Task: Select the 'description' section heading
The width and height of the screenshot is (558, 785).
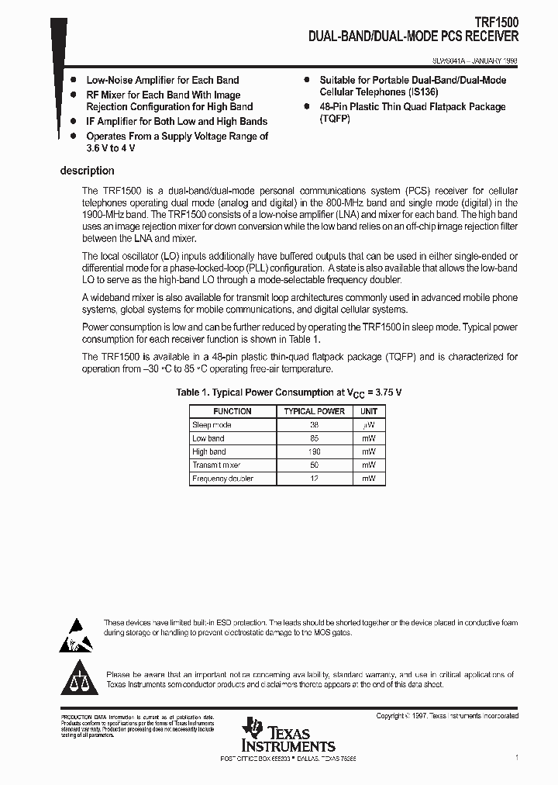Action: pos(87,171)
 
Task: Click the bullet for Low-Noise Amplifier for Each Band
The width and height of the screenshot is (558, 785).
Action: pos(73,80)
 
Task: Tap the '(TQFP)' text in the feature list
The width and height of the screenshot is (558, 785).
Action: pos(335,119)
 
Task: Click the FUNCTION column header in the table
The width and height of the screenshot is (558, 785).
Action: pos(232,411)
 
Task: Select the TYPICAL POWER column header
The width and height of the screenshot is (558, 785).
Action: pos(314,411)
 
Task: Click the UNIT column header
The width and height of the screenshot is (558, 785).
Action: pos(369,411)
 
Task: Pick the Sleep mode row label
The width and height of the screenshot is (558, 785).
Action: pos(212,425)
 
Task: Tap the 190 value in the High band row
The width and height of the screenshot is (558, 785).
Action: pos(314,451)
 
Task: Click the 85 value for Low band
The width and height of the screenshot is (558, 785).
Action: pos(314,438)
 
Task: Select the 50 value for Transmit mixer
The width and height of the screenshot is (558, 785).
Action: pos(314,465)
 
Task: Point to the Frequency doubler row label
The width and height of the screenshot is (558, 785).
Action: pos(222,479)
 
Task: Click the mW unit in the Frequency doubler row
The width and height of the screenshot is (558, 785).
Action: pos(369,479)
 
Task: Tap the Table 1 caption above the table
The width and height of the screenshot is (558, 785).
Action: pos(289,392)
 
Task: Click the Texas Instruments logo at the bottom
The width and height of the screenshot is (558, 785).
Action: pos(288,735)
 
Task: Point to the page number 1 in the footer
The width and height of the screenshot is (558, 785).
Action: pos(516,757)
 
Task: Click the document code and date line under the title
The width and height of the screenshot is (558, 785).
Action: pos(475,58)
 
